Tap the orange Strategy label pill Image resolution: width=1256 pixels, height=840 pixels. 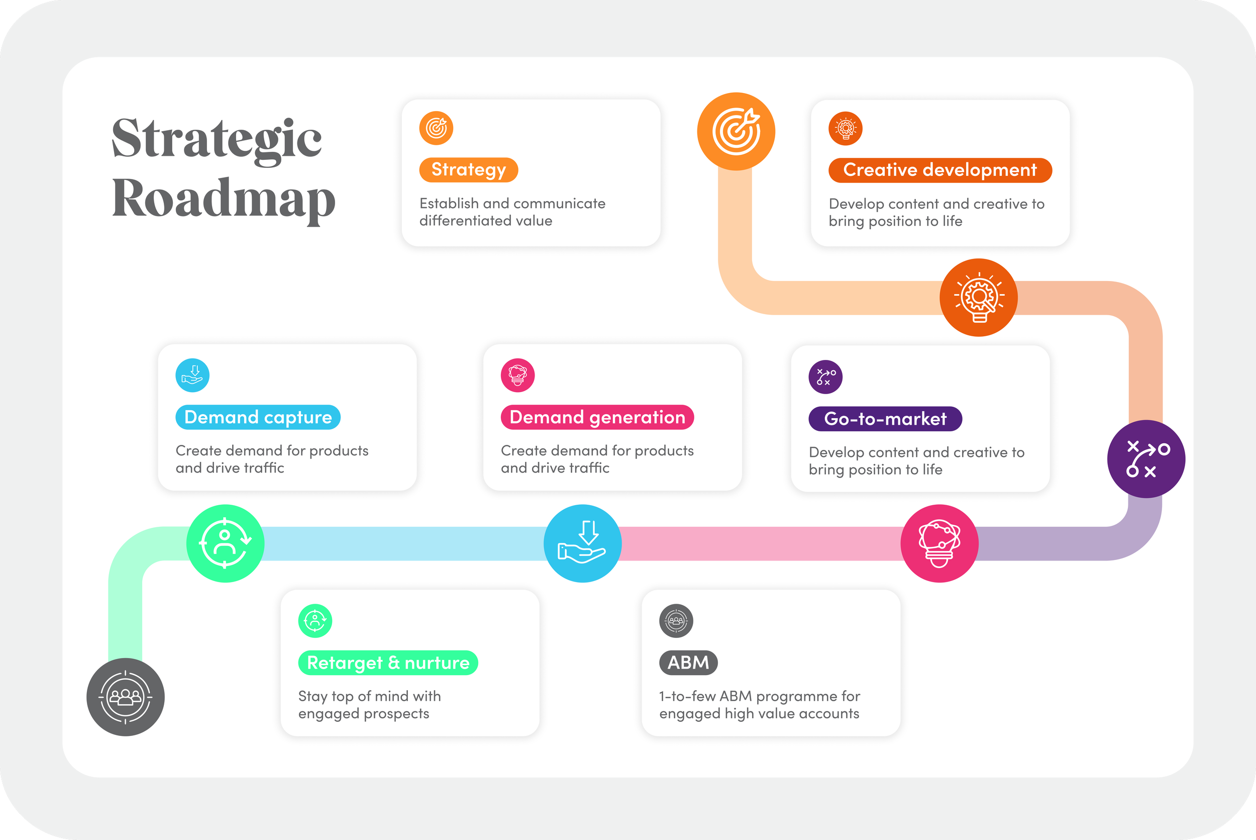pos(468,170)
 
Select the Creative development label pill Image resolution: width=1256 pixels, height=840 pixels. pos(939,170)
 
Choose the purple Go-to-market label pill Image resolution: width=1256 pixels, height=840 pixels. pos(885,419)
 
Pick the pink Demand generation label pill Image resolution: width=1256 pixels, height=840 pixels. pos(597,417)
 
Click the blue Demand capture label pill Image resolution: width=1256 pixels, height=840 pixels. pos(258,417)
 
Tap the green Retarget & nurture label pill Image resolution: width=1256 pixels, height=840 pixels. pos(388,663)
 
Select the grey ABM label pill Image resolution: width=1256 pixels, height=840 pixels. pos(688,663)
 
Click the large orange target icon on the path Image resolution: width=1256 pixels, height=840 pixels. pos(736,132)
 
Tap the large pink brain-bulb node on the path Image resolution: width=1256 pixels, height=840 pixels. pos(939,544)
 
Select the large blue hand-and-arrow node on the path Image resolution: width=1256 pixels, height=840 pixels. pos(582,544)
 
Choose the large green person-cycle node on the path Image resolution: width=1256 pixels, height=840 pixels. pos(226,544)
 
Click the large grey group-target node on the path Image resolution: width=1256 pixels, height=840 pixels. pos(125,697)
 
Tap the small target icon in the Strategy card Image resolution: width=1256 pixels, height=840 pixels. pos(436,128)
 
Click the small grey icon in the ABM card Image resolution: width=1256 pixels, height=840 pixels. pos(676,621)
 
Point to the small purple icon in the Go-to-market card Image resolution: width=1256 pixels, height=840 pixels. pos(825,377)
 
